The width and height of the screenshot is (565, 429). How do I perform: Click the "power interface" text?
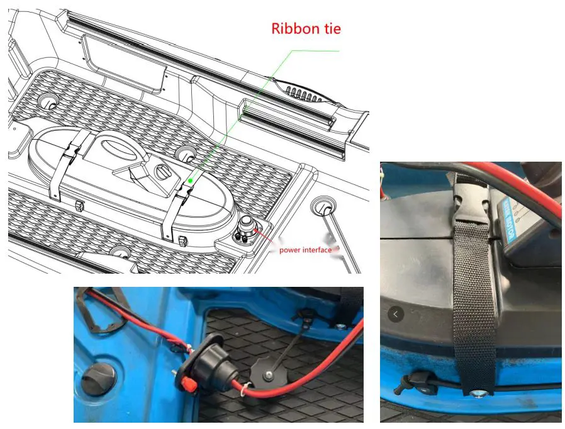click(305, 250)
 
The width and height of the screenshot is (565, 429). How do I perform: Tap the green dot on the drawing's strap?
click(190, 181)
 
